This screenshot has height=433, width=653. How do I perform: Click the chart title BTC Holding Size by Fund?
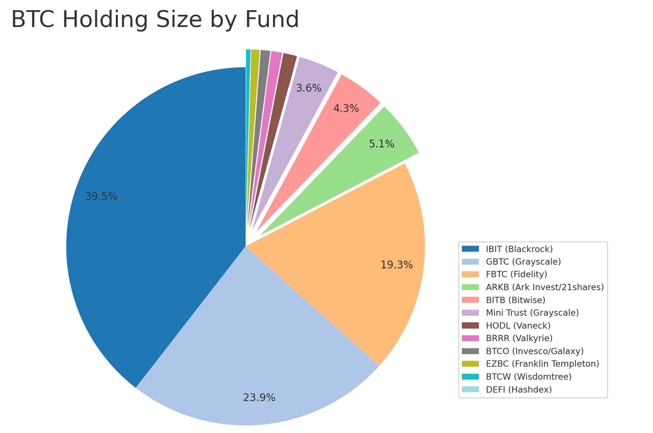pos(155,20)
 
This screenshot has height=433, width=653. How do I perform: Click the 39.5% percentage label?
pos(101,197)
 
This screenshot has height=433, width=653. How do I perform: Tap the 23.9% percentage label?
pos(259,398)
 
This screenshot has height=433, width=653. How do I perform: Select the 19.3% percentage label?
pos(396,265)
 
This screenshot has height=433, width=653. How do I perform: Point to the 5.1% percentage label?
pos(382,144)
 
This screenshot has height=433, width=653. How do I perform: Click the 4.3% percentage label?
pos(346,109)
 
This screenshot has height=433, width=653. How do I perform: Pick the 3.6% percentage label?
pos(309,88)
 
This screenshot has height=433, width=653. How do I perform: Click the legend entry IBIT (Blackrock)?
pos(519,249)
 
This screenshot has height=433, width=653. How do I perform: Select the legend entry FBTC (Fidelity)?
pos(516,275)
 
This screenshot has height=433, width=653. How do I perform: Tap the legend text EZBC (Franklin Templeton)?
pos(542,364)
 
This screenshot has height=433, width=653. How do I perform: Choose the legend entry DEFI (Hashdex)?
pos(518,390)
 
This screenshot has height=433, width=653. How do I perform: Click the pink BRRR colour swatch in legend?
pos(470,338)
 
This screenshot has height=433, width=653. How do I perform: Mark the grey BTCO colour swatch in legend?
pos(470,351)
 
